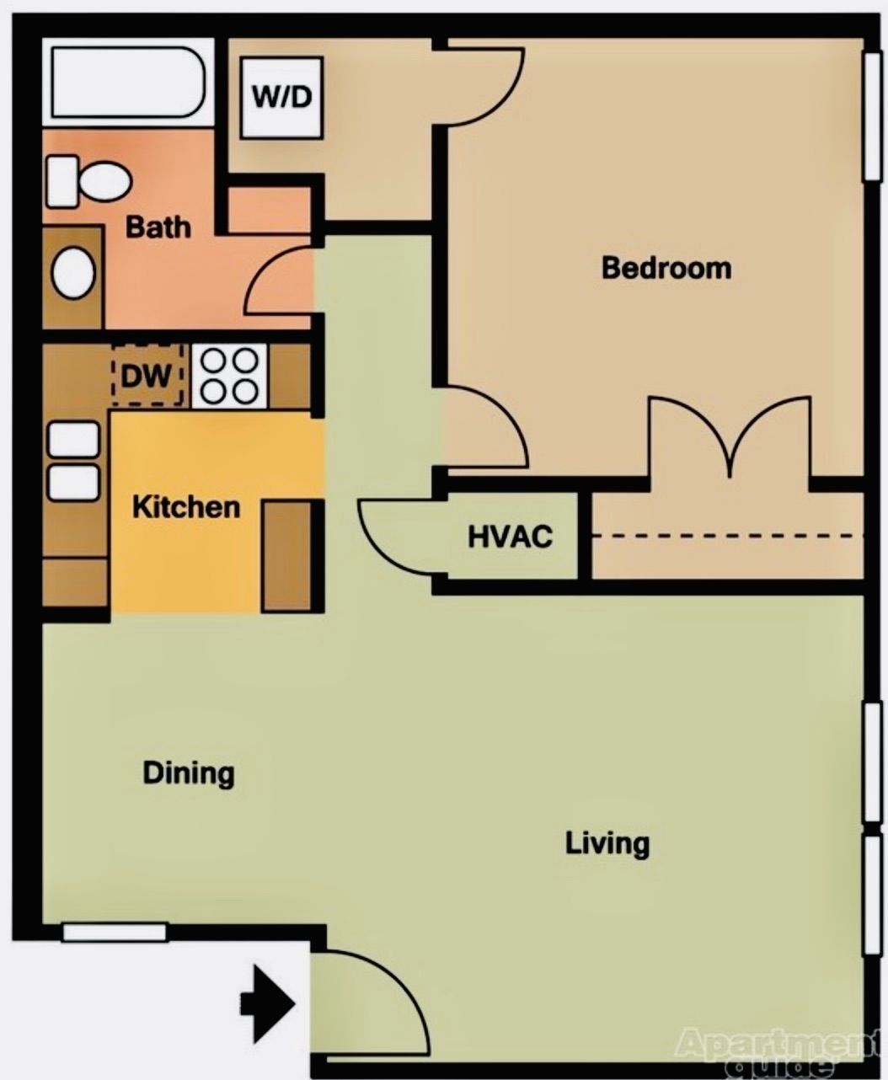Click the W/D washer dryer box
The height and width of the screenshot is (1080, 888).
[x=281, y=98]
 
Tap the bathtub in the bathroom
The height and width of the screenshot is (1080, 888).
[x=126, y=82]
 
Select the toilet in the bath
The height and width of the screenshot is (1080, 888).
[x=88, y=180]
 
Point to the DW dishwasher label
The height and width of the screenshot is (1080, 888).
[x=146, y=377]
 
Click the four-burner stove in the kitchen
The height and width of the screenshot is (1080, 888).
[x=229, y=376]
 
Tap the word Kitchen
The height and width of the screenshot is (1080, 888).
[x=186, y=507]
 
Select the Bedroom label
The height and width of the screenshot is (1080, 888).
[x=666, y=268]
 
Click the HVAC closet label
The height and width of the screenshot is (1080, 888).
[x=511, y=537]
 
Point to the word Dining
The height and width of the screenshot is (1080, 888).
[x=188, y=773]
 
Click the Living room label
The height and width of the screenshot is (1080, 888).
[x=607, y=842]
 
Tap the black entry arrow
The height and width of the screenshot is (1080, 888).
[x=268, y=1003]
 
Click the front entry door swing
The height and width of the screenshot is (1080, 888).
[x=371, y=1002]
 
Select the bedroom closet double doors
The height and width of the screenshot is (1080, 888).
[x=730, y=438]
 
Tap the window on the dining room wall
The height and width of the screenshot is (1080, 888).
[x=114, y=932]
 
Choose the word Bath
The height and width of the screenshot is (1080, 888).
[x=158, y=227]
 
